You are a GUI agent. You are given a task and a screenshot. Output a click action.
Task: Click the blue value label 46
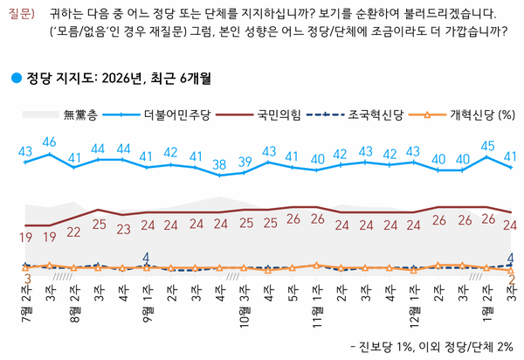coord(50,142)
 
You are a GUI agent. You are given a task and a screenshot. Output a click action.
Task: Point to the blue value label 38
coord(221,163)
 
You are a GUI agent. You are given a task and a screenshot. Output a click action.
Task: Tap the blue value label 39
coord(245,161)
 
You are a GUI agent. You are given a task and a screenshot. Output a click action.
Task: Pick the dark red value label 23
coord(123,229)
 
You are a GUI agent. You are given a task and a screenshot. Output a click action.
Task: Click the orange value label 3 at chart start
coord(26,279)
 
